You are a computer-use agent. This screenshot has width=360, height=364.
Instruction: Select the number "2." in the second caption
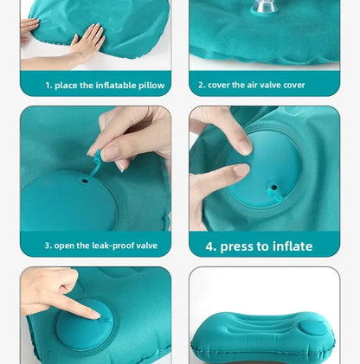202,86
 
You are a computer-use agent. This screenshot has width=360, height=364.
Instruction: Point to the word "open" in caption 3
67,246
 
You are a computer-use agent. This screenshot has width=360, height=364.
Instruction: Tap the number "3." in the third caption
48,246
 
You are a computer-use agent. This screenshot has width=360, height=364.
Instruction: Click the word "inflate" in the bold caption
292,246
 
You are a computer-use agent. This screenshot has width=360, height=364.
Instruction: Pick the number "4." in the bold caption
211,246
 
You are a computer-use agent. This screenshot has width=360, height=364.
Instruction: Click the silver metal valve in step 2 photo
260,8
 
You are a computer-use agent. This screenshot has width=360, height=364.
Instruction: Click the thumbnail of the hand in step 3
110,153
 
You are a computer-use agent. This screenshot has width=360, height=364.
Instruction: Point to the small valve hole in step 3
85,181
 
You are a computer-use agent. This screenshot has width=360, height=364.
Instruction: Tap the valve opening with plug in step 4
273,186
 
